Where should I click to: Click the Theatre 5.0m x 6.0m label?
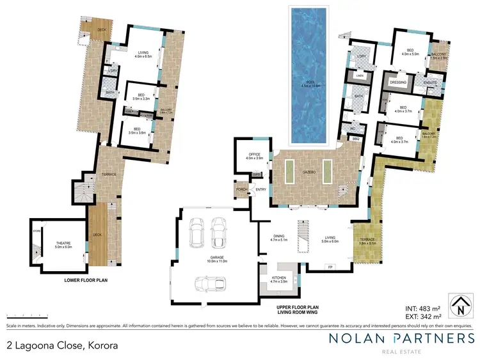point(63,245)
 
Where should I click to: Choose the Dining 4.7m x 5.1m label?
point(280,237)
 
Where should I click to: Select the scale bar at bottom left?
point(20,317)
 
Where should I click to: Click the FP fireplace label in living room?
point(330,266)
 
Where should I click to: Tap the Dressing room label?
point(399,82)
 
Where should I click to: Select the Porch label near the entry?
point(242,189)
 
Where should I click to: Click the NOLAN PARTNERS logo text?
point(401,339)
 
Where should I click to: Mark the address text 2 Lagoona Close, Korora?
point(62,345)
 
